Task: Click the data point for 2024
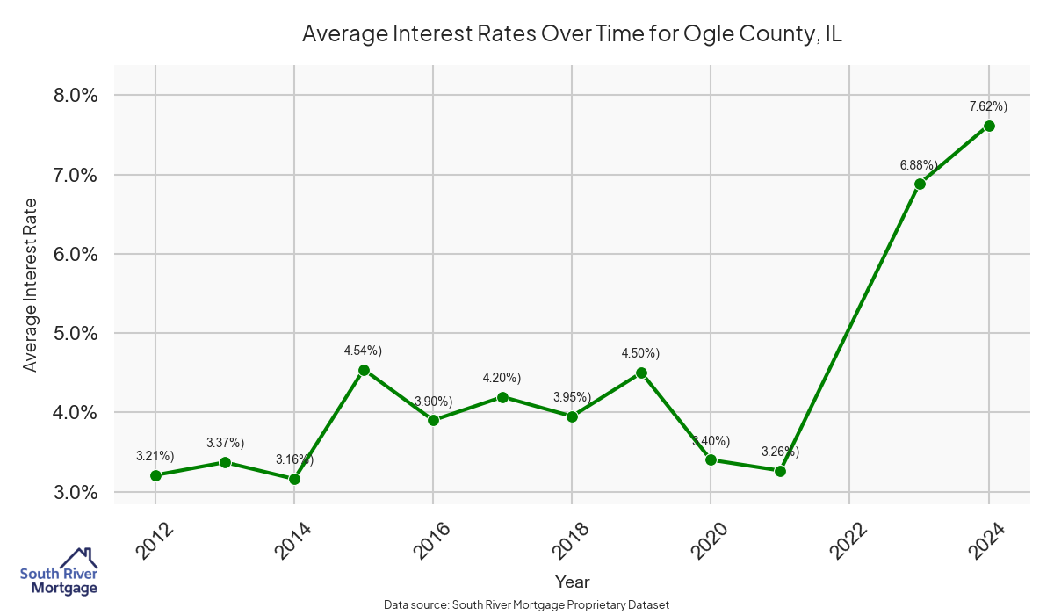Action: (989, 126)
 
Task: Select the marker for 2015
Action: (364, 370)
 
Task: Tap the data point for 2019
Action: (641, 373)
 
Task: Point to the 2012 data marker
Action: (155, 475)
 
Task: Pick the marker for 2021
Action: (780, 471)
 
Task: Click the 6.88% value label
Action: (919, 164)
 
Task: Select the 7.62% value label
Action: (988, 106)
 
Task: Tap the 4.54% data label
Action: (363, 351)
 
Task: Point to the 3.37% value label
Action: (225, 442)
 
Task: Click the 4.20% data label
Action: (502, 378)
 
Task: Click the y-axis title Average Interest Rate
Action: (31, 285)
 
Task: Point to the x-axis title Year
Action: (572, 582)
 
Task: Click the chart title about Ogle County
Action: (572, 34)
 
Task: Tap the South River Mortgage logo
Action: (59, 572)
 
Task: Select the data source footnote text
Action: (527, 605)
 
